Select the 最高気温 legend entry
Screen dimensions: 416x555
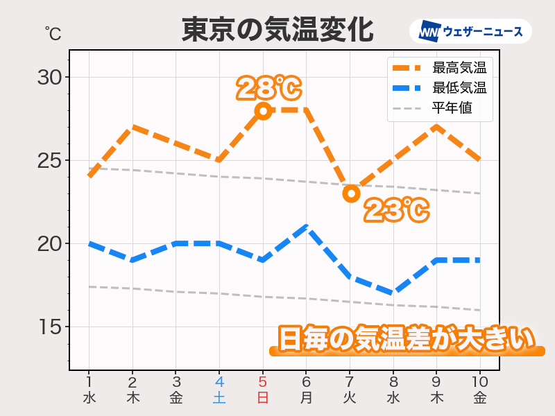(x=440, y=68)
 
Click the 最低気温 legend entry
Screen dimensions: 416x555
(x=440, y=88)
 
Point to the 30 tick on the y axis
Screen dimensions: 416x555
(x=50, y=77)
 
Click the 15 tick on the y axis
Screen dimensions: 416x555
(x=50, y=327)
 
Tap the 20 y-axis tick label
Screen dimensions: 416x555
(x=50, y=244)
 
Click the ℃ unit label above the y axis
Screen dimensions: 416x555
(x=53, y=33)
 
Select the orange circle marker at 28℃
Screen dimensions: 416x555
(x=263, y=110)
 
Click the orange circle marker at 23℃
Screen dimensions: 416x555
(x=351, y=193)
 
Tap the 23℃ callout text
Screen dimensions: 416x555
(x=396, y=210)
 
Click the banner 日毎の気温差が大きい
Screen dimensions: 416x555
(x=407, y=340)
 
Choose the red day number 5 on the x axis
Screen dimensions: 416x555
(x=263, y=382)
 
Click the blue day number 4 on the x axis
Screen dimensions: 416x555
(x=219, y=382)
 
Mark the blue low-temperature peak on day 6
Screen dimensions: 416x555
(x=307, y=227)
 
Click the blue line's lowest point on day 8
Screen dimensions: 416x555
(x=393, y=293)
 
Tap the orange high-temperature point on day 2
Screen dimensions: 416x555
(x=133, y=127)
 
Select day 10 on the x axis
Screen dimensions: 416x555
(x=480, y=382)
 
